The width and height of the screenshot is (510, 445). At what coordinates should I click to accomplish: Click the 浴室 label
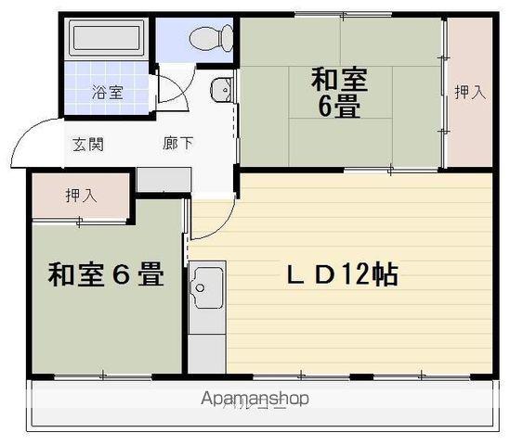coord(108,93)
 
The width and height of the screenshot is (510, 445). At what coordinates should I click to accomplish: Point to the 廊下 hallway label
coord(179,144)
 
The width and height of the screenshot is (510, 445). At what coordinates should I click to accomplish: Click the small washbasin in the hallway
coord(219,90)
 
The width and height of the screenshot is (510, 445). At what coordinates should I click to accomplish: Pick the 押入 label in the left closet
coord(81,196)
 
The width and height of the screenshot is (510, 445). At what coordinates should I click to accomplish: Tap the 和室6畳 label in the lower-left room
coord(106,275)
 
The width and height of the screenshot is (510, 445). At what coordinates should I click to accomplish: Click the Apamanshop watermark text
coord(255,399)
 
